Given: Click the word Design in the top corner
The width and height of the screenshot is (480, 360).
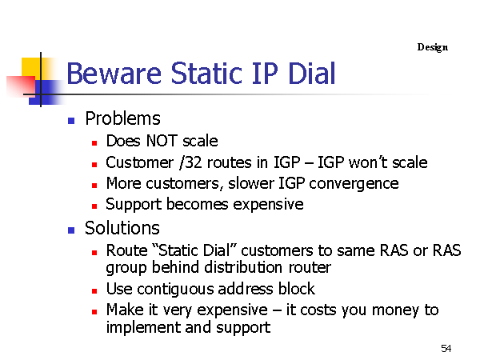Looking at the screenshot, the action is tap(433, 47).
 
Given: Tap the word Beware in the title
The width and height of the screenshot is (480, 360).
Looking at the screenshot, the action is tap(114, 74).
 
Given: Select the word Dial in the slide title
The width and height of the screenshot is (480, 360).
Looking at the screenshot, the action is tap(312, 73).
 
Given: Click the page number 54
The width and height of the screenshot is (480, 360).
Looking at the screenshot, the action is tap(446, 348).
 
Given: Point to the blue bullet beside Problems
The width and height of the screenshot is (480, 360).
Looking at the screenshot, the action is tap(71, 121).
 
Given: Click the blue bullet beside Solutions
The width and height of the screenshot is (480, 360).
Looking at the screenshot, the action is tap(71, 230).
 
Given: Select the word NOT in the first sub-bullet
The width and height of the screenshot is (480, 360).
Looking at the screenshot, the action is tap(162, 141).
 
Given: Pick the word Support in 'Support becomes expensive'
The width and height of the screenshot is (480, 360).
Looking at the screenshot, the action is tap(134, 205).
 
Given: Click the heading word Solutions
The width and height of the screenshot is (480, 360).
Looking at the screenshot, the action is tap(122, 228).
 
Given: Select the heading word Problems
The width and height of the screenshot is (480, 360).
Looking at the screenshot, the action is tap(122, 118).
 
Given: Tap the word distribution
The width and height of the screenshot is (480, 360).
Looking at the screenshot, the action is tap(243, 267).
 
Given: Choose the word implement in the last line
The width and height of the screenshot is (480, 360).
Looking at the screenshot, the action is tap(143, 328).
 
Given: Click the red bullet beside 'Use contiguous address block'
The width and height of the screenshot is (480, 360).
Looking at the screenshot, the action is tap(94, 291).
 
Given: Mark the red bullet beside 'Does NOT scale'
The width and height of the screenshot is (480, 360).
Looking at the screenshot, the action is tap(94, 143).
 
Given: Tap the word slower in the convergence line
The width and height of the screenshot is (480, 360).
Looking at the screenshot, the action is tap(251, 184).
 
